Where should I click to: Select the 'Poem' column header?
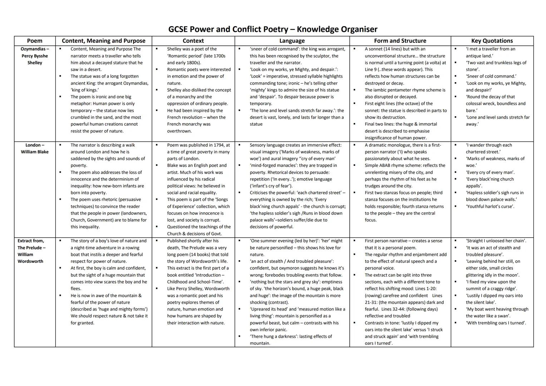pos(35,41)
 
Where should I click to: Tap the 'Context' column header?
pos(193,41)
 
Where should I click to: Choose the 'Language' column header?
pos(292,41)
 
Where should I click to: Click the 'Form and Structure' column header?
pos(400,41)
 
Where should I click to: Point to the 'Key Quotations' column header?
pos(492,41)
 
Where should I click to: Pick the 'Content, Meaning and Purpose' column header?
pos(103,41)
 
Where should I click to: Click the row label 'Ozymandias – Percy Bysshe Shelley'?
pos(35,56)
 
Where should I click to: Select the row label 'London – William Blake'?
pos(35,148)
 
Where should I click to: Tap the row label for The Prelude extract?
pos(31,251)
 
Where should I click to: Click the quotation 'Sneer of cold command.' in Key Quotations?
pos(491,76)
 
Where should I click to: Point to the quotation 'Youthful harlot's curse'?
pos(490,206)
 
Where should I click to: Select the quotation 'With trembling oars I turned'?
pos(496,323)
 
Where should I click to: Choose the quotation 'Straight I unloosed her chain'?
pos(496,241)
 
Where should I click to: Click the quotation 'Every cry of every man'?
pos(490,172)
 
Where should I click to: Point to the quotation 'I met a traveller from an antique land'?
pos(491,52)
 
